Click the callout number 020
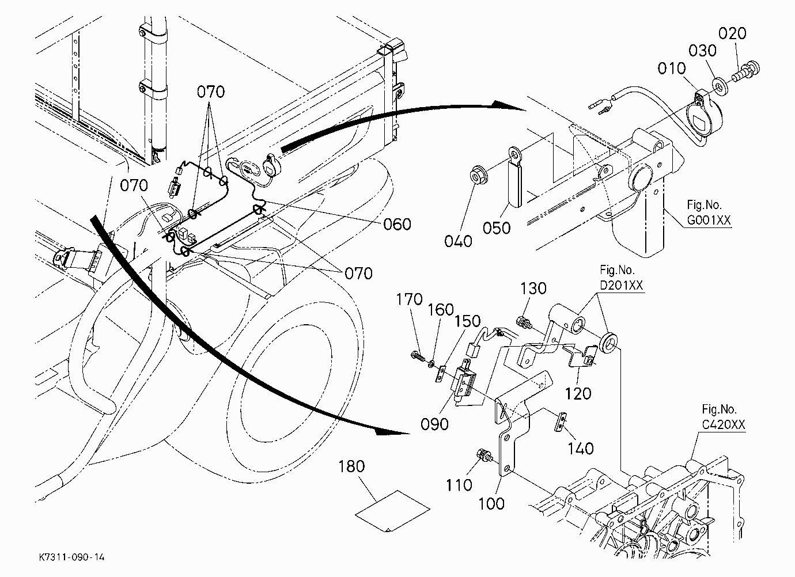[732, 34]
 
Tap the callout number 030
[702, 51]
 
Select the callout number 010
[672, 69]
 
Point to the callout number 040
[458, 241]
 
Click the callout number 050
[497, 228]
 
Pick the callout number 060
[397, 224]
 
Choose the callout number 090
[434, 424]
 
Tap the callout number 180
[351, 466]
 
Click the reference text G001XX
[709, 221]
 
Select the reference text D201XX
[621, 285]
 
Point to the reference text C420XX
[724, 425]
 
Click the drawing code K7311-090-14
[72, 557]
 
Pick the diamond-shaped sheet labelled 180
[392, 511]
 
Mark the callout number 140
[581, 449]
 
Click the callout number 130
[533, 289]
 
